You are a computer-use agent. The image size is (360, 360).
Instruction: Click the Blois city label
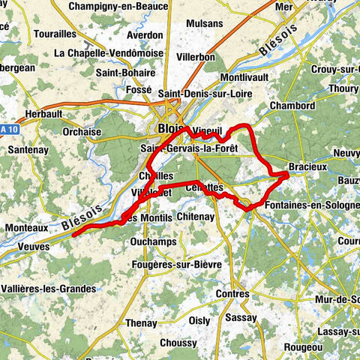pos(171,130)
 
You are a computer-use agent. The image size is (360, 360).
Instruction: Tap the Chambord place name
pos(290,105)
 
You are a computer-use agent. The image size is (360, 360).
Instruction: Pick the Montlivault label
pos(245,78)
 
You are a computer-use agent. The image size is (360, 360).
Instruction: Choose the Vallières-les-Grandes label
pos(49,289)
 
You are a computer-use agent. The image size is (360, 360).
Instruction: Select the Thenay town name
pos(141,323)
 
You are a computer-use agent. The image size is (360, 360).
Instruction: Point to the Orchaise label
pos(82,132)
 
